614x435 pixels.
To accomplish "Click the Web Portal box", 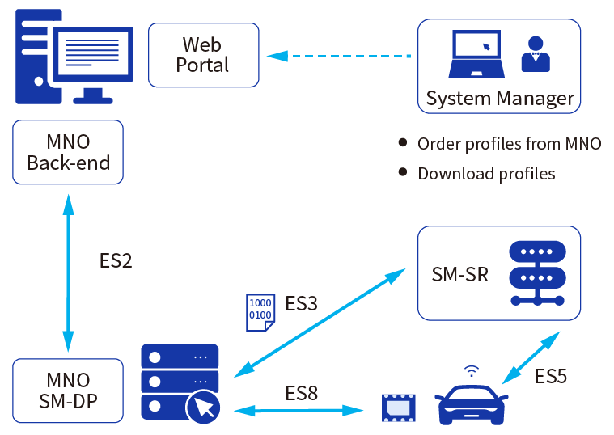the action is tap(204, 55).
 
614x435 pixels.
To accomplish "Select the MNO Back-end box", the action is tap(68, 152).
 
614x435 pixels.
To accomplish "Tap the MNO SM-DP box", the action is tap(68, 391).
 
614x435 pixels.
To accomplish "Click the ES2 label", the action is tap(116, 260).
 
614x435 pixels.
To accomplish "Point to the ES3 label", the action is tap(301, 303).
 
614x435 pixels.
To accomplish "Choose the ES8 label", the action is tap(301, 393).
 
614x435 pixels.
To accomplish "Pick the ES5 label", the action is tap(551, 376).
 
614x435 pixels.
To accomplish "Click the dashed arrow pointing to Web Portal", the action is tap(339, 56).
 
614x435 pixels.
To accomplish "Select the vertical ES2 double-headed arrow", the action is tap(68, 273).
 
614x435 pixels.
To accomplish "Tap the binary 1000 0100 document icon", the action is tap(260, 312).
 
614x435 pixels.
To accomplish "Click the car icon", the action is tap(471, 404).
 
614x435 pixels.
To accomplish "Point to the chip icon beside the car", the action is tap(398, 408).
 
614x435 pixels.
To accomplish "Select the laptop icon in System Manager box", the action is tap(476, 53).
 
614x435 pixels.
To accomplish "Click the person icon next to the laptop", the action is tap(536, 54).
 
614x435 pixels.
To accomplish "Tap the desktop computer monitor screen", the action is tap(93, 53).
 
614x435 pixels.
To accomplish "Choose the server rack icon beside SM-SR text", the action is tap(537, 273).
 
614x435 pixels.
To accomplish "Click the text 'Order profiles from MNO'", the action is tap(509, 144).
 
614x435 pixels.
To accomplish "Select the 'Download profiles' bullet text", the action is tap(486, 174).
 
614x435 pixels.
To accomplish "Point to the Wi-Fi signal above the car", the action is tap(472, 371).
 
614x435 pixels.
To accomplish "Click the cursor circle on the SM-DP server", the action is tap(203, 408).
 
